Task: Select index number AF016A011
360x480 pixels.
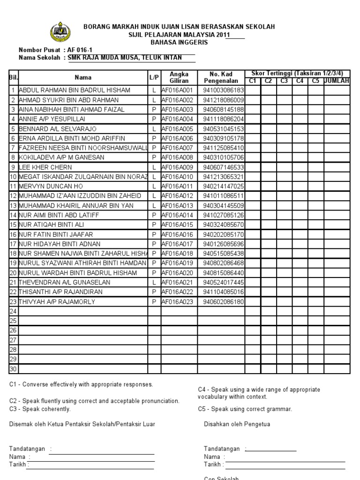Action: click(177, 186)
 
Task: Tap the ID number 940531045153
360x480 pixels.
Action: click(224, 128)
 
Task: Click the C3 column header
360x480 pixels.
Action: click(284, 81)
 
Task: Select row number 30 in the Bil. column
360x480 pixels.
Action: click(13, 369)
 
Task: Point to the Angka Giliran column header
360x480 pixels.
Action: click(179, 77)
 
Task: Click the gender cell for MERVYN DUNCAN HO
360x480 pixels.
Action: click(153, 186)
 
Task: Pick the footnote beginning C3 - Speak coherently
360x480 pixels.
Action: click(40, 409)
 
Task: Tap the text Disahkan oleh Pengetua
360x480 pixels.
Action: click(237, 424)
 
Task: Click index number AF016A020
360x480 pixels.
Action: click(177, 272)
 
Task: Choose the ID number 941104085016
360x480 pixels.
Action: click(224, 292)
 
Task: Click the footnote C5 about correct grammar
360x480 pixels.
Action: click(245, 409)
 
